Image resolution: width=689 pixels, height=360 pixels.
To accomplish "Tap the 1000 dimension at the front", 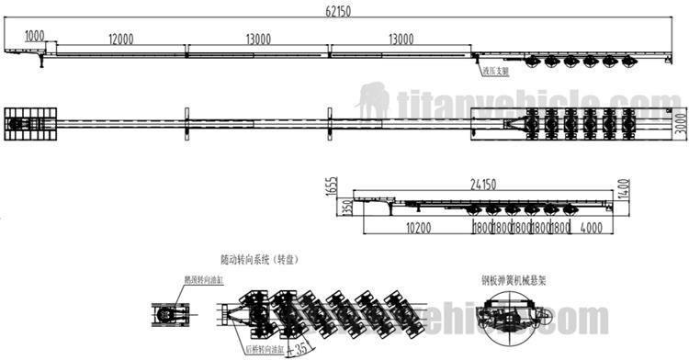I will click(35, 35).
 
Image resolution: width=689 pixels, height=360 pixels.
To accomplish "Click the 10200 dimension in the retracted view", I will click(420, 225).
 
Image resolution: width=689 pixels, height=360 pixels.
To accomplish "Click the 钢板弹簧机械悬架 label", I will click(512, 280).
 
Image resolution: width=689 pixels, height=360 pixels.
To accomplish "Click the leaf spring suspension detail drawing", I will click(511, 317).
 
